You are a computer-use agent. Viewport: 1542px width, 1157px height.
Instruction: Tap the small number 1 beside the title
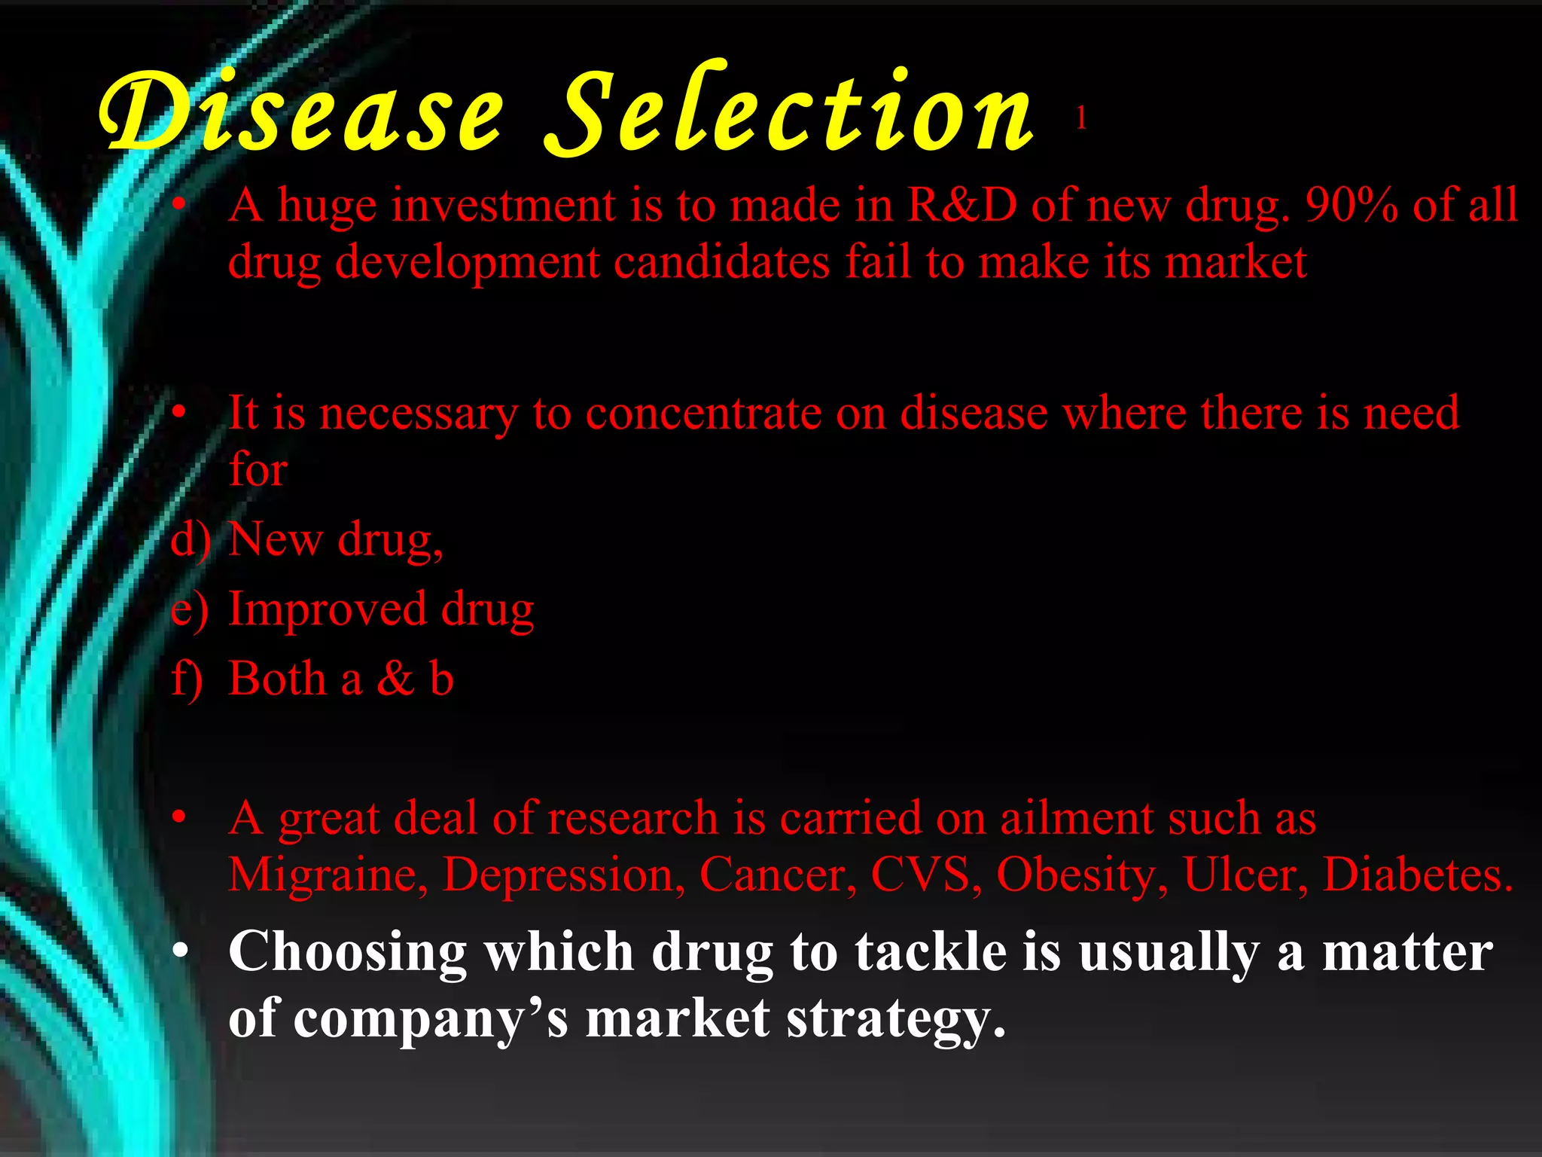coord(1081,118)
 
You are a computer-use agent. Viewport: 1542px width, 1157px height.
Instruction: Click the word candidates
coord(721,262)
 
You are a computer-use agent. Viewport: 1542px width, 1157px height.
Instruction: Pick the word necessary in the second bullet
coord(419,414)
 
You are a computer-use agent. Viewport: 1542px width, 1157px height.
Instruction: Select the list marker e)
coord(189,609)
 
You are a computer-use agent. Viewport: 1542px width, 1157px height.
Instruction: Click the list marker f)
coord(187,679)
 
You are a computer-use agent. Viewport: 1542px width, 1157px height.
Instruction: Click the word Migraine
coord(327,875)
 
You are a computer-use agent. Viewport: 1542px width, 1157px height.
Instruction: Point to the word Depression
coord(563,875)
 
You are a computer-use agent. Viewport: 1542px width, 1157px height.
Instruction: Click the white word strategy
coord(896,1019)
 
